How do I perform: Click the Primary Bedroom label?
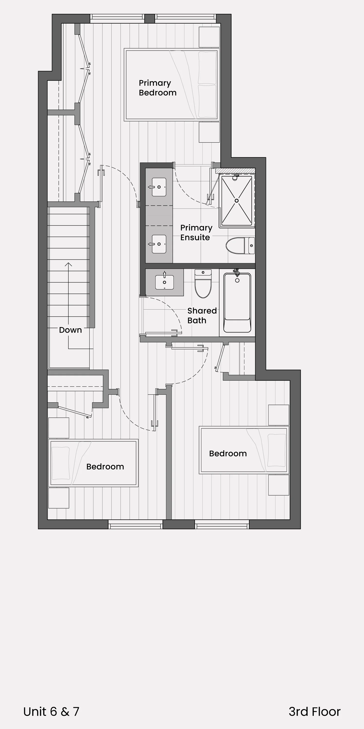click(157, 88)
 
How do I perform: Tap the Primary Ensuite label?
click(196, 232)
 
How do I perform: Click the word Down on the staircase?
click(70, 330)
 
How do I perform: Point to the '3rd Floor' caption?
click(314, 712)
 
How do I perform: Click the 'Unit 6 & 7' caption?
click(51, 712)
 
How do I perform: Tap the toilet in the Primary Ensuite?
click(240, 246)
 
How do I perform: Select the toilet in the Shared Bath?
click(203, 284)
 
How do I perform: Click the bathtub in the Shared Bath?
click(237, 303)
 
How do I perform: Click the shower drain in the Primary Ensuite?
click(237, 201)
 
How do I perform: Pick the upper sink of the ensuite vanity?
click(159, 187)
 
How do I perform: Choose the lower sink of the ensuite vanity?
click(159, 244)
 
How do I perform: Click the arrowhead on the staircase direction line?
click(68, 264)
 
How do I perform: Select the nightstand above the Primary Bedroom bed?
click(209, 37)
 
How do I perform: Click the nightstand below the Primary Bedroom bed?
click(209, 132)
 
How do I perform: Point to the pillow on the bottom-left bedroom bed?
click(60, 463)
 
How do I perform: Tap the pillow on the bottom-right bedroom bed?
click(276, 450)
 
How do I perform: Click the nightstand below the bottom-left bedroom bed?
click(59, 498)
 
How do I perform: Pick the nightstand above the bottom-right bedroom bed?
click(279, 415)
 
